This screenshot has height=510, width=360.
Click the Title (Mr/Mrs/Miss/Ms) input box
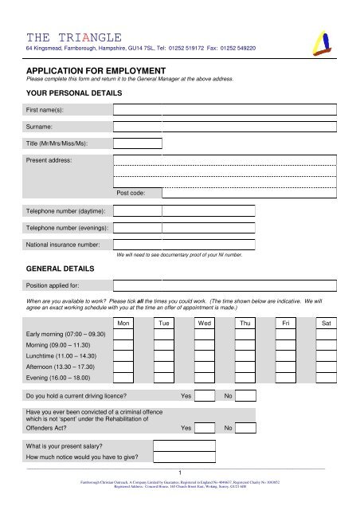(x=137, y=143)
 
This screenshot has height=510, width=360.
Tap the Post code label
(x=130, y=193)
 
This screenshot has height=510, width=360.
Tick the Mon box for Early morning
(x=123, y=335)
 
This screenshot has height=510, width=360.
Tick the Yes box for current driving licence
(x=205, y=396)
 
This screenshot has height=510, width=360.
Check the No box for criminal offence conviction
(x=245, y=427)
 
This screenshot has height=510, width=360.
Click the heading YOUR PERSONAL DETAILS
(x=73, y=93)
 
